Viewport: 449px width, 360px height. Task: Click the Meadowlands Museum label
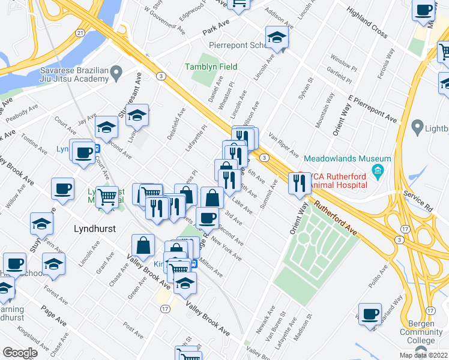tap(348, 158)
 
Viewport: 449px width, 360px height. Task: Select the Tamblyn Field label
tap(211, 67)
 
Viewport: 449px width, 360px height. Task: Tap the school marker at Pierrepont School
tap(277, 37)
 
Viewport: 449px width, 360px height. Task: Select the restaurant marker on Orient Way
tap(299, 183)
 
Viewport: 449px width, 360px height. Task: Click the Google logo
tap(20, 352)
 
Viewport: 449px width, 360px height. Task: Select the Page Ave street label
tap(53, 316)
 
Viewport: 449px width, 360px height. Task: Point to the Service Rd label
tap(418, 205)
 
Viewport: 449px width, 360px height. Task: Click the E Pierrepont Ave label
tap(372, 109)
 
